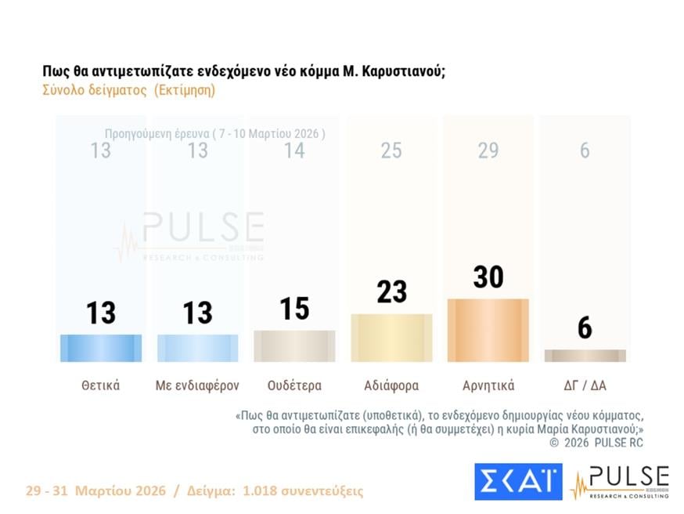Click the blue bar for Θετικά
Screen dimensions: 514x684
point(101,348)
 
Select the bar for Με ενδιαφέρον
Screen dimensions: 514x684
point(197,348)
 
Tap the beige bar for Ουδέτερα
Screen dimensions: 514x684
point(294,346)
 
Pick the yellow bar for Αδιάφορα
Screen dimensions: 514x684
point(391,338)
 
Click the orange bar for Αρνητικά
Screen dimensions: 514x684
point(488,330)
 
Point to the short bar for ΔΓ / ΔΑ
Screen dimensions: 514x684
point(585,356)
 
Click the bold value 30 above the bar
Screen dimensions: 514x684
point(488,277)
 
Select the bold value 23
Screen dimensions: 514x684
point(391,291)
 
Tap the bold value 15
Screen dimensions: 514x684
point(294,308)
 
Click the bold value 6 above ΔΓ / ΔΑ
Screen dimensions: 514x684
point(585,328)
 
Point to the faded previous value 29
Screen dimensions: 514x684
point(488,150)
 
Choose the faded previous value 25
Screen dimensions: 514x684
point(391,150)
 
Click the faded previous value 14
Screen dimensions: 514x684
point(294,150)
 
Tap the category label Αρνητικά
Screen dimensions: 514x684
point(488,385)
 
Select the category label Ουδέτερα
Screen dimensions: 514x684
point(294,385)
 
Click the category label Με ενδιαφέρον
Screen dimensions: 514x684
point(197,385)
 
